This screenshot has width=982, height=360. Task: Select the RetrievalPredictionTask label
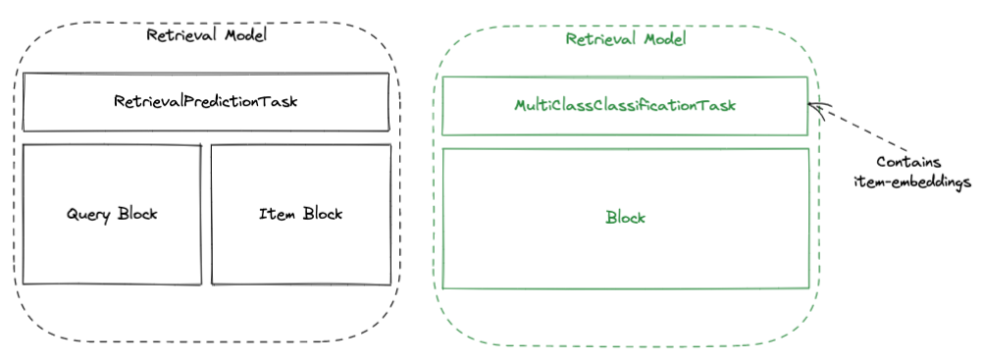click(x=205, y=101)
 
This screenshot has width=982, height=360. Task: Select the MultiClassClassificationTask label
click(x=625, y=105)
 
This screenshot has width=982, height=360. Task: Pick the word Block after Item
click(x=323, y=214)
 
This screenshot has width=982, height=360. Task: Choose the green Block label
click(x=625, y=218)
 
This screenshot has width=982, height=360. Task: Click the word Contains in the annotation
click(x=906, y=163)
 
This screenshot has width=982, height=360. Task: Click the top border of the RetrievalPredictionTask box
click(x=205, y=74)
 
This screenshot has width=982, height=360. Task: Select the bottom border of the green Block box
click(x=625, y=288)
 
